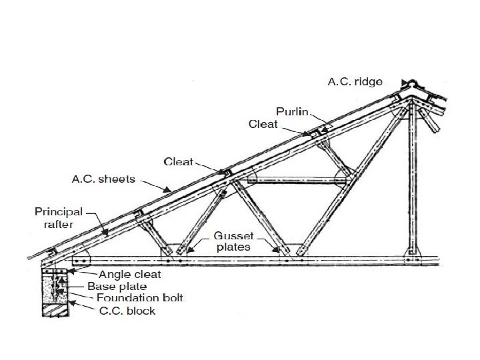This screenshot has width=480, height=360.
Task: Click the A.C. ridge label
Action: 354,82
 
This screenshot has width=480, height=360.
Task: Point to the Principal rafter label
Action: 59,218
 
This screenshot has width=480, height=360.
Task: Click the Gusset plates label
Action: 233,241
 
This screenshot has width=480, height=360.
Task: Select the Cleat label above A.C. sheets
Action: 179,161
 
